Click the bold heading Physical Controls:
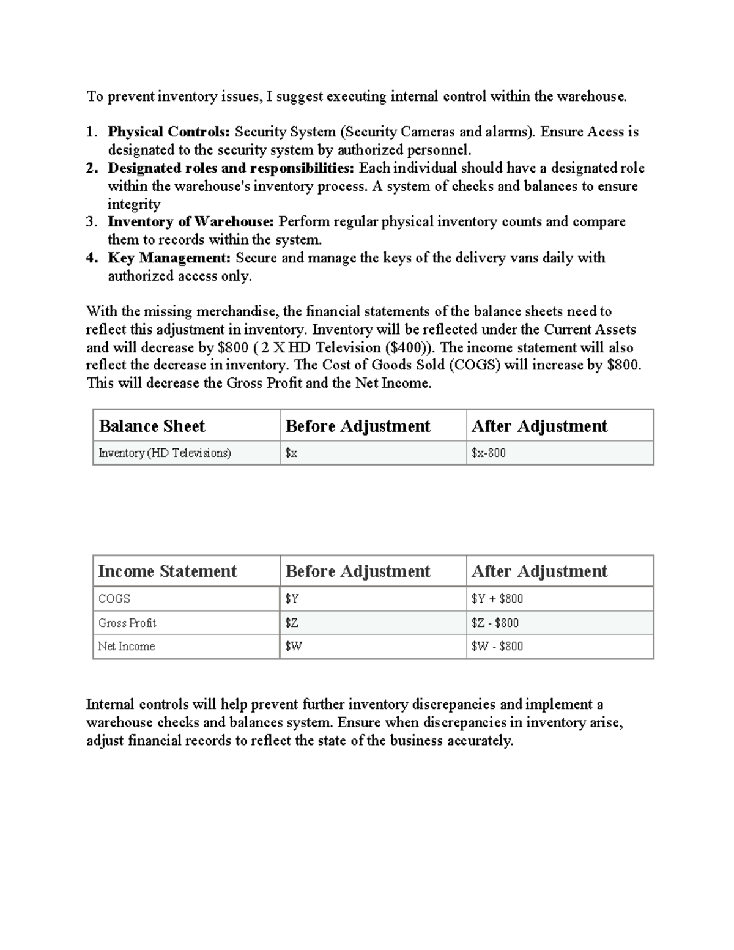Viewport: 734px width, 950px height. [x=169, y=132]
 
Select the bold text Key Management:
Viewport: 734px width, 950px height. [x=169, y=258]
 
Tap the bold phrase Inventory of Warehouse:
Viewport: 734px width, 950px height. [x=190, y=222]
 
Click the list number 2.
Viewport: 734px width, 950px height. [x=92, y=168]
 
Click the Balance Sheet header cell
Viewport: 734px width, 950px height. [x=152, y=426]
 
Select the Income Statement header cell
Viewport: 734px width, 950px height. [x=167, y=571]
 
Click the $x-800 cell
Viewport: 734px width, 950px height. [x=489, y=453]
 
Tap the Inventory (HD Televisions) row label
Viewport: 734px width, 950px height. [x=165, y=453]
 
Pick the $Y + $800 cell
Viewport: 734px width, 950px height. [x=497, y=599]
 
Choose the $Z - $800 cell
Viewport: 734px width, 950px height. [x=495, y=623]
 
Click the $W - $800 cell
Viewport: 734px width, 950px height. [x=497, y=647]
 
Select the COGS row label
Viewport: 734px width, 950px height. [x=114, y=599]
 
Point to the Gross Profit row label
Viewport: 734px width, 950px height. [x=127, y=623]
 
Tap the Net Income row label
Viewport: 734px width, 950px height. [x=127, y=647]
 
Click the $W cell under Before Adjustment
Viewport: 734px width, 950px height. [x=294, y=647]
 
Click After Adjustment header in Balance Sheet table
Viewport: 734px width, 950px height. [x=539, y=426]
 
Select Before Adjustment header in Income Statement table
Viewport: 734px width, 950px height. [x=358, y=571]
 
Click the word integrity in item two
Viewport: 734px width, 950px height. [x=134, y=204]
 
